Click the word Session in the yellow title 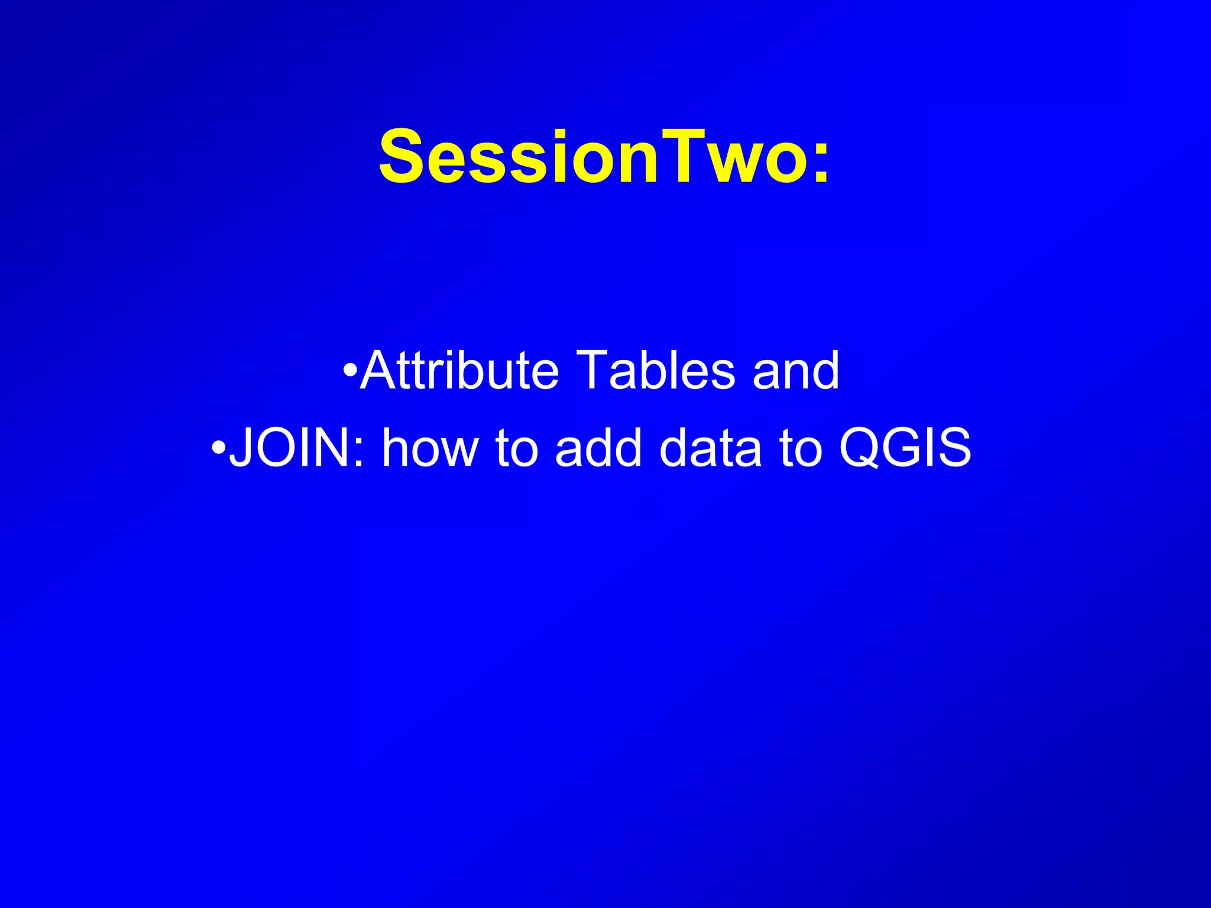point(518,157)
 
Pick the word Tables point(655,371)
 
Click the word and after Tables point(795,371)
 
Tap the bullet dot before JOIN point(218,447)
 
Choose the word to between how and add point(516,447)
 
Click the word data point(710,447)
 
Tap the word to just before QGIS point(801,447)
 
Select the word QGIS point(905,447)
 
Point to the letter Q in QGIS point(861,447)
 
